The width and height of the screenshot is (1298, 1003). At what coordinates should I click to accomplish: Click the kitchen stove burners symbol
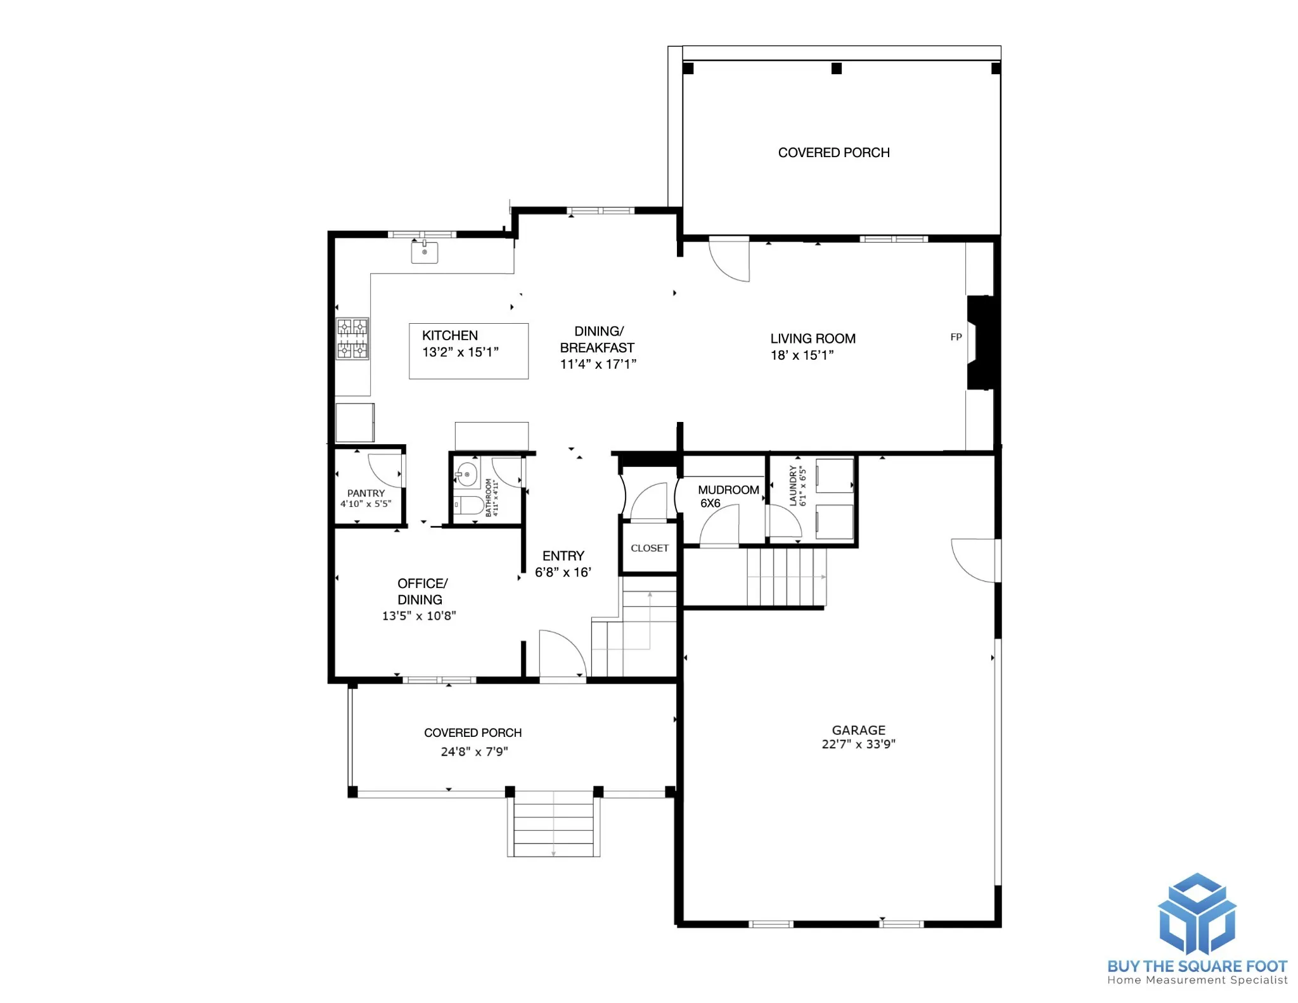coord(352,339)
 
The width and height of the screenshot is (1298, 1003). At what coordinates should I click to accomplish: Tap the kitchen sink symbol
coord(425,252)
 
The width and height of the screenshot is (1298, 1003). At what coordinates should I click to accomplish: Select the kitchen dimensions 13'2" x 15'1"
coord(461,352)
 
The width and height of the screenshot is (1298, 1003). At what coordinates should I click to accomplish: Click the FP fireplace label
coord(956,337)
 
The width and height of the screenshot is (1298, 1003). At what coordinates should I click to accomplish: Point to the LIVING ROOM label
coord(813,339)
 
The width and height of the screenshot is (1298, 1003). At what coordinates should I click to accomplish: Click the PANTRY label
coord(366,493)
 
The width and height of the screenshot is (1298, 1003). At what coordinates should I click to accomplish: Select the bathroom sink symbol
coord(467,475)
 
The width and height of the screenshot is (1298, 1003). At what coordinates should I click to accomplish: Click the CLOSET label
coord(650,548)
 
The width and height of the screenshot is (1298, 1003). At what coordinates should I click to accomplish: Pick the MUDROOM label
coord(729,490)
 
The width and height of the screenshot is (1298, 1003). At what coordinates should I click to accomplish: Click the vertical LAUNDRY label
coord(793,485)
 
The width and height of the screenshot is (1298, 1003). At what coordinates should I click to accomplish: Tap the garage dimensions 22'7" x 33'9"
coord(859,744)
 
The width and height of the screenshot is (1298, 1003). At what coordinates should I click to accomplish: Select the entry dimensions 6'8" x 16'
coord(563,573)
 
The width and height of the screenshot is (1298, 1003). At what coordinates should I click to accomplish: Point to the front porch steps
coord(553,824)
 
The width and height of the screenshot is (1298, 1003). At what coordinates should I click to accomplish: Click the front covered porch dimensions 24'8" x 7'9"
coord(475,752)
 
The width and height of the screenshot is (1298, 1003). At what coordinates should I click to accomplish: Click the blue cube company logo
coord(1197,914)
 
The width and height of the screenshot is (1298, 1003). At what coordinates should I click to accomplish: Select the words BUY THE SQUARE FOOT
coord(1197,966)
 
